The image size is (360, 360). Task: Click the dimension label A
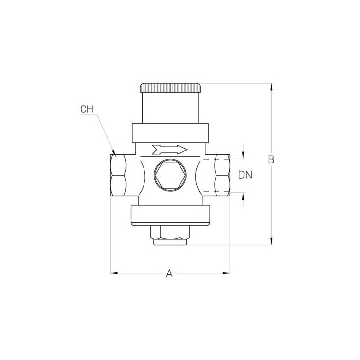[x=169, y=273]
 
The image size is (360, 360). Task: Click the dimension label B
[x=271, y=160]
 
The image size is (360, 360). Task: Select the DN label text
[x=245, y=175]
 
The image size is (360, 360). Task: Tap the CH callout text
[x=87, y=109]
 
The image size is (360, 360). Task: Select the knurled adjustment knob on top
[x=170, y=88]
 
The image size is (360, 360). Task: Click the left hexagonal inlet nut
[x=118, y=175]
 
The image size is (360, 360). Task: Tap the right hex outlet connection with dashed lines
[x=222, y=175]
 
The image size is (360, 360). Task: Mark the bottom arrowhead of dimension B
[x=271, y=241]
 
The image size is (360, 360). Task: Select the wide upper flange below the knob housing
[x=170, y=132]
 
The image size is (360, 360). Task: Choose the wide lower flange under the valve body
[x=170, y=215]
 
